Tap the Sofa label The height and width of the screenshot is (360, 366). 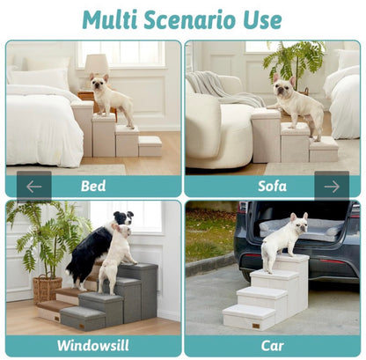point(272,186)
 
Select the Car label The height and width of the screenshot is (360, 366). point(272,345)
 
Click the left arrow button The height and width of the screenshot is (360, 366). point(33,186)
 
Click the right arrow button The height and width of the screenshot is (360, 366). point(332,186)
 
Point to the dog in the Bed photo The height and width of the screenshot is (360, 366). point(111,98)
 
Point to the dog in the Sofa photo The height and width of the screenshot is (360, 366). point(296,103)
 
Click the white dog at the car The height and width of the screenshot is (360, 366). point(283,239)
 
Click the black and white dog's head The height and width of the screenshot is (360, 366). point(123,218)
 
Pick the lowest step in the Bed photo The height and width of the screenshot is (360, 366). point(150,145)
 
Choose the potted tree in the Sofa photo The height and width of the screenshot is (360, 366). point(296,62)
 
